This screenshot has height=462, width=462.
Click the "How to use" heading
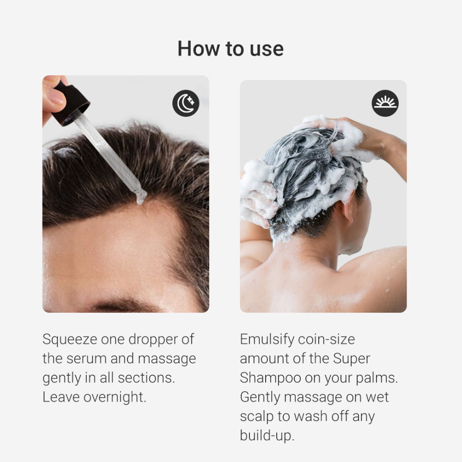tap(231, 49)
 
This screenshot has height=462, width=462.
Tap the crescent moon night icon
tap(186, 103)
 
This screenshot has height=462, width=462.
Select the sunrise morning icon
tap(385, 103)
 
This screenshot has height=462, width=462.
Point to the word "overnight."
tap(115, 397)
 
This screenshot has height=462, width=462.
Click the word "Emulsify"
tap(267, 339)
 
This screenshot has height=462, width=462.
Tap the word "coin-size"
tap(326, 339)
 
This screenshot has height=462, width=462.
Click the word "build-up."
tap(267, 436)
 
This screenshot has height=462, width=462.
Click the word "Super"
tap(351, 359)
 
